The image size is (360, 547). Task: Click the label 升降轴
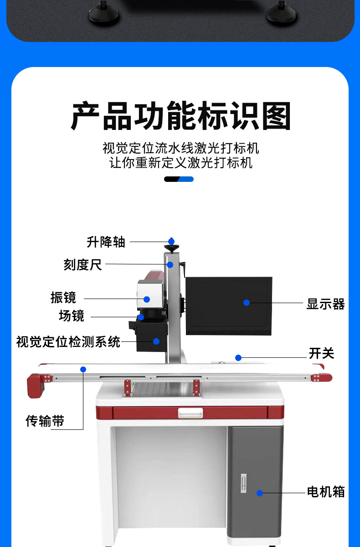pyautogui.click(x=106, y=242)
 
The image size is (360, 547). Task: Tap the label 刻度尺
pyautogui.click(x=83, y=264)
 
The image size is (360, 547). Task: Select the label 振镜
pyautogui.click(x=63, y=298)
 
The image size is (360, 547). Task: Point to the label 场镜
pyautogui.click(x=72, y=315)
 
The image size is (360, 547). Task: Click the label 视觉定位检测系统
pyautogui.click(x=68, y=341)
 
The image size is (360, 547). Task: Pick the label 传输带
pyautogui.click(x=45, y=421)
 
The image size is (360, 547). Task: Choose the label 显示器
pyautogui.click(x=325, y=304)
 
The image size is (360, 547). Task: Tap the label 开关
pyautogui.click(x=322, y=353)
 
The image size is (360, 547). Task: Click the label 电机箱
pyautogui.click(x=326, y=492)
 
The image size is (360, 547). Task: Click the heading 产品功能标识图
pyautogui.click(x=180, y=117)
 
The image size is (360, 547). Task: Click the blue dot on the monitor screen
pyautogui.click(x=247, y=303)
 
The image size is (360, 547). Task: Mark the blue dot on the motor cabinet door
pyautogui.click(x=259, y=493)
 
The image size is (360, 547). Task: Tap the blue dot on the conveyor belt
pyautogui.click(x=83, y=369)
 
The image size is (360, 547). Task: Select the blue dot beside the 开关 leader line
pyautogui.click(x=238, y=358)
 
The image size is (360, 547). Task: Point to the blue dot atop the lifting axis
pyautogui.click(x=171, y=242)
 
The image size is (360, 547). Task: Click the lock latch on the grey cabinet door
pyautogui.click(x=243, y=482)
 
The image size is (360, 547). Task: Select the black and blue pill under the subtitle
pyautogui.click(x=179, y=179)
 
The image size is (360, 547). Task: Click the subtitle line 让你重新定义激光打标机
pyautogui.click(x=180, y=163)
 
